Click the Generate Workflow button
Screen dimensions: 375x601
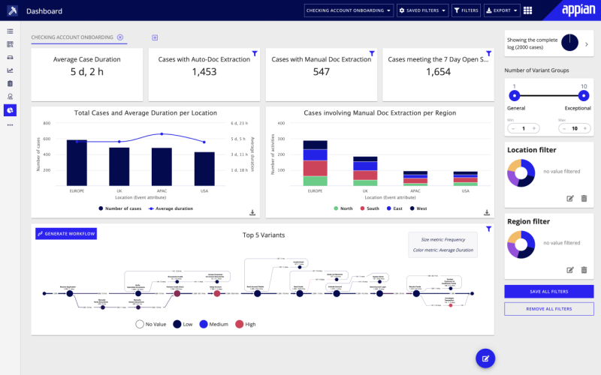coord(66,234)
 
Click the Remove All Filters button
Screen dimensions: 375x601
coord(548,309)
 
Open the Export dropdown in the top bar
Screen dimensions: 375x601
coord(501,10)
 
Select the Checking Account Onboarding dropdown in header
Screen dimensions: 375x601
coord(349,10)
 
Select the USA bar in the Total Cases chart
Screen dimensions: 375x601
coord(204,169)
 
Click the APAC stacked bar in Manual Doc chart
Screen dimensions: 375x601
coord(415,178)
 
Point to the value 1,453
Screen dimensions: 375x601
coord(204,72)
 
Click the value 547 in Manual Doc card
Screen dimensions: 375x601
coord(322,72)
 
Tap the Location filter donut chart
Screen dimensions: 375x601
coord(520,172)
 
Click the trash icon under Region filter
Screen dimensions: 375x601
coord(584,269)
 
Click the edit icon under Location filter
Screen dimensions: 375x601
coord(569,198)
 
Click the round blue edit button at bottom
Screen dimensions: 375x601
coord(485,358)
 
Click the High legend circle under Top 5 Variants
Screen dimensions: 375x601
coord(240,324)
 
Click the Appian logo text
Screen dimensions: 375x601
coord(577,10)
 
